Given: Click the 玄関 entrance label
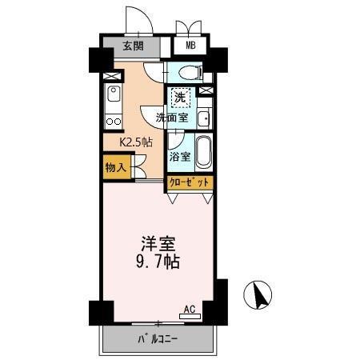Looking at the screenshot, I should coord(133,46).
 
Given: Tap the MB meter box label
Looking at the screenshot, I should coord(190,46).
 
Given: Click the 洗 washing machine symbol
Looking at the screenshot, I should coord(180,98).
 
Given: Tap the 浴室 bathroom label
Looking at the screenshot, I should coord(180,156).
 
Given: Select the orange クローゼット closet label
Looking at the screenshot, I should coord(190,183).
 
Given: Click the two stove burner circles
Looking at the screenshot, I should coord(113,122).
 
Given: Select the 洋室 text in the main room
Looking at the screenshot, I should coord(158,242).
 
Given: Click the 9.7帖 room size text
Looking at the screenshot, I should coord(158,262).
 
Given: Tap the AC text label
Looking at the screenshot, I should coord(190,308).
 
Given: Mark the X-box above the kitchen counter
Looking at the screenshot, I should coord(113,78).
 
